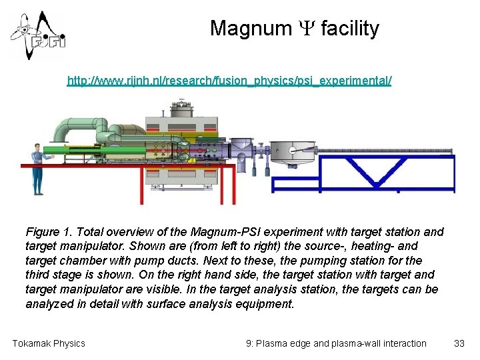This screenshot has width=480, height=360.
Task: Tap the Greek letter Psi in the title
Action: pyautogui.click(x=307, y=29)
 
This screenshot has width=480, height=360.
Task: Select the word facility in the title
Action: pyautogui.click(x=350, y=29)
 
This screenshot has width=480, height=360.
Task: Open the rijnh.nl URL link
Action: pyautogui.click(x=229, y=81)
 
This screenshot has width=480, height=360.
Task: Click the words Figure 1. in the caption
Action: pyautogui.click(x=49, y=232)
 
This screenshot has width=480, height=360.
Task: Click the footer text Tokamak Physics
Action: pyautogui.click(x=49, y=343)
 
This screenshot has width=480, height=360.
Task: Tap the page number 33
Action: pyautogui.click(x=459, y=343)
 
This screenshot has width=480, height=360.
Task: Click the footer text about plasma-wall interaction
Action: pyautogui.click(x=336, y=343)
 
